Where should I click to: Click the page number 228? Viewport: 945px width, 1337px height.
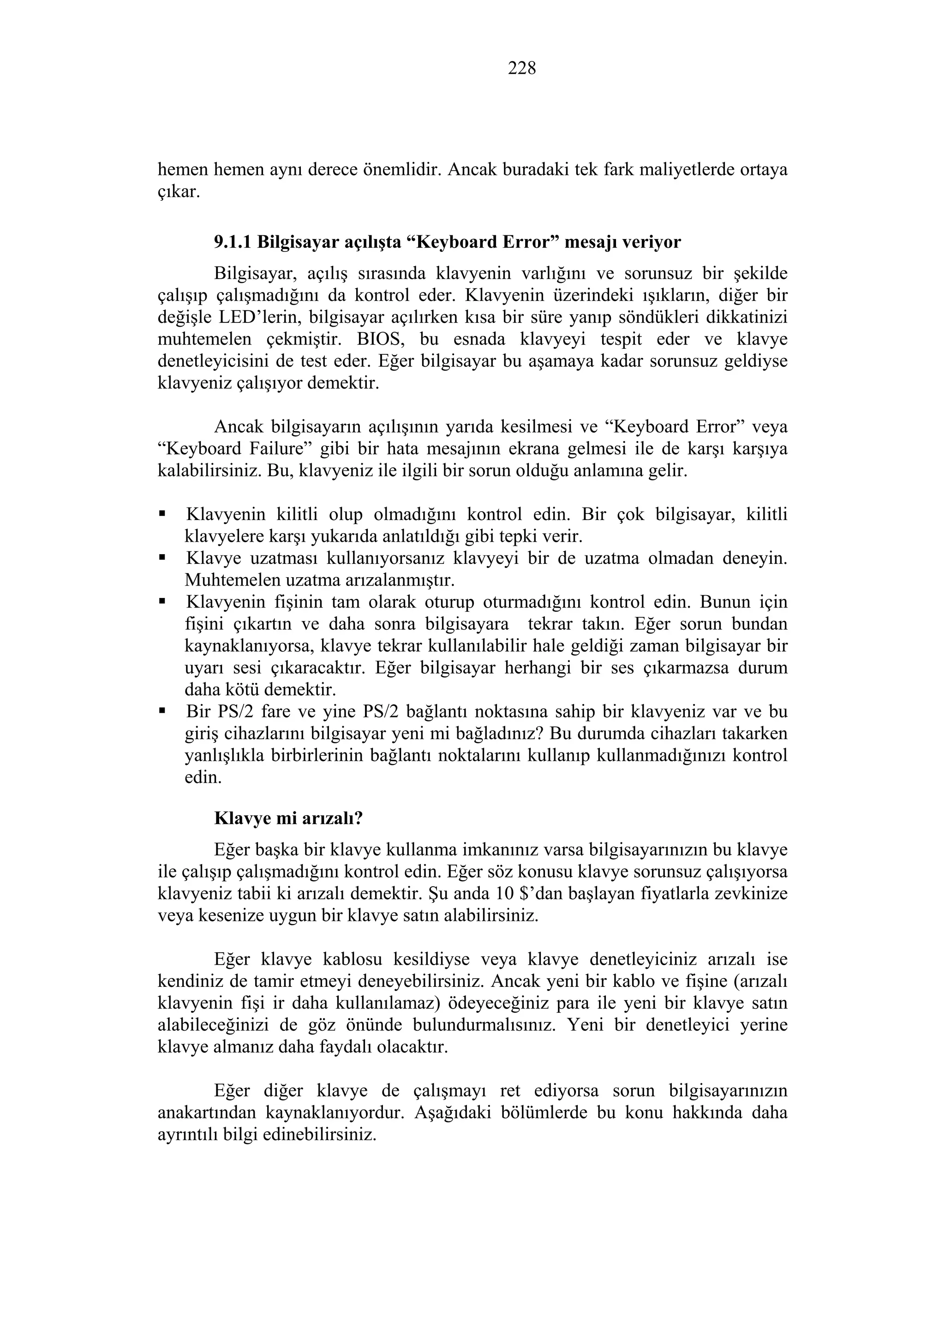(522, 68)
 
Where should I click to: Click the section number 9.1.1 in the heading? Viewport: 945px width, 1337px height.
(233, 242)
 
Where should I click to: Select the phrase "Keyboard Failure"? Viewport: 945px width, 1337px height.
(233, 449)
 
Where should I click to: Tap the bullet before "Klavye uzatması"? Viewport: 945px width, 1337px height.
(162, 558)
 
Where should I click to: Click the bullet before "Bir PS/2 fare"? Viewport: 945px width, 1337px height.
(162, 711)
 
